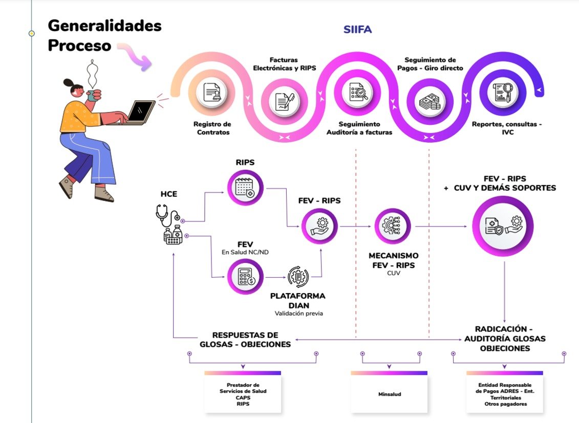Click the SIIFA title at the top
pos(357,30)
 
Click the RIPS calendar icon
pos(245,188)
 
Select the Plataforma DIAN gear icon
pos(298,276)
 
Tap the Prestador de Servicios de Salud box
pos(243,394)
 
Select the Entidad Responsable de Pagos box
pos(505,394)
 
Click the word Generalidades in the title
pos(105,26)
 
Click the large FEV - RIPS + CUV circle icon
pos(502,226)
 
